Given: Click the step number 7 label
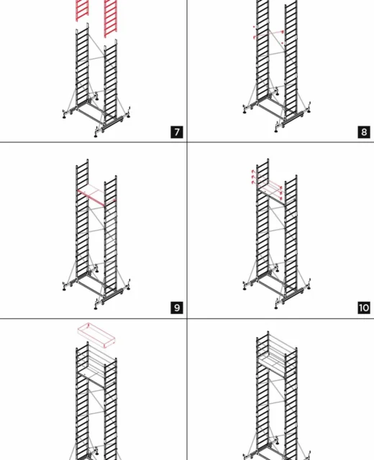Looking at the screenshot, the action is [x=177, y=132].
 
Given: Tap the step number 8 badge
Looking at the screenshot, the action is [x=364, y=132].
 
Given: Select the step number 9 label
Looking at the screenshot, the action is [x=177, y=308].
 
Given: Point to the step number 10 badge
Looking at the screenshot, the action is [x=364, y=308].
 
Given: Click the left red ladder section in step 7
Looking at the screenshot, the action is [x=82, y=10].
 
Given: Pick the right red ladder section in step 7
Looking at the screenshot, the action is [x=110, y=18].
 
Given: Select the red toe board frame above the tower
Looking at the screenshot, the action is [x=96, y=335].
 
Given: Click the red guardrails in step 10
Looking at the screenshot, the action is [x=267, y=185].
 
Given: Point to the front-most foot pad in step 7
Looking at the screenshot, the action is [x=96, y=136].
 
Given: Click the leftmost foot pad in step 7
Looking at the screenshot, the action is [x=64, y=116].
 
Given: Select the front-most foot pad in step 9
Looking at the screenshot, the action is [x=96, y=308].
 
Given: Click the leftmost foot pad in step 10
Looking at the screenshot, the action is [x=245, y=289].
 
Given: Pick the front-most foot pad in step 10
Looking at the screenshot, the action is [x=276, y=308].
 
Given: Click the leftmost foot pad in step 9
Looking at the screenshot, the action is [x=64, y=289].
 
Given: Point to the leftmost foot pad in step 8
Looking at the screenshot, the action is [x=245, y=112].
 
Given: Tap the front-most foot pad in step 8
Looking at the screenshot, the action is [x=276, y=131].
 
